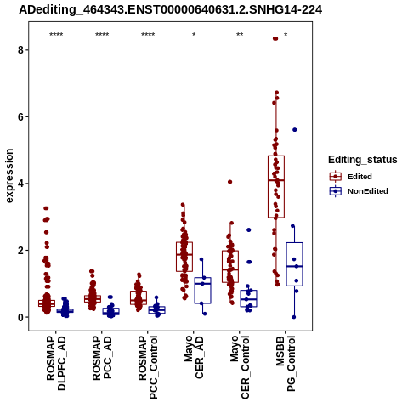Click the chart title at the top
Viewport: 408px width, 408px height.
[x=171, y=10]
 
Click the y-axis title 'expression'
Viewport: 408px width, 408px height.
[x=9, y=176]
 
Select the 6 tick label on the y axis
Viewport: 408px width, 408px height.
[x=20, y=116]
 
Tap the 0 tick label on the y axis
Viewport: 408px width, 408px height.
[x=20, y=317]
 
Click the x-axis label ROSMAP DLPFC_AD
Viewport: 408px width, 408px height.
[x=56, y=363]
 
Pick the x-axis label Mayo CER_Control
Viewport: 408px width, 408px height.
[x=240, y=367]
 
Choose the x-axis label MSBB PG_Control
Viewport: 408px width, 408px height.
[x=286, y=364]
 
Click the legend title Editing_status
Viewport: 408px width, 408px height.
[x=363, y=160]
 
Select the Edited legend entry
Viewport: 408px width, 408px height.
[x=351, y=177]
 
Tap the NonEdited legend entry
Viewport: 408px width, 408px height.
[x=359, y=191]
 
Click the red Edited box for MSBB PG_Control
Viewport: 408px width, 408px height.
[x=276, y=187]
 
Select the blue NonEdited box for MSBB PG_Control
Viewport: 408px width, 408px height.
[x=295, y=264]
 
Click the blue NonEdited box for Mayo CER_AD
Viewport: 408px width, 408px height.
[x=203, y=291]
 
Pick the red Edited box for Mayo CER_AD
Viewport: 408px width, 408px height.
[x=184, y=257]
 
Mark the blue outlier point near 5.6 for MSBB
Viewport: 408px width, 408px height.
[x=295, y=130]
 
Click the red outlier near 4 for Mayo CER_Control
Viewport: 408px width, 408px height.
[x=229, y=182]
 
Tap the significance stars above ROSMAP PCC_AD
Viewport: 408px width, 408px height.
[x=102, y=35]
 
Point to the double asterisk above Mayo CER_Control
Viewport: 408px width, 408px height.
[x=240, y=35]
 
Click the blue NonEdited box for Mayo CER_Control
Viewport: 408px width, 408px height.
[x=249, y=298]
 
